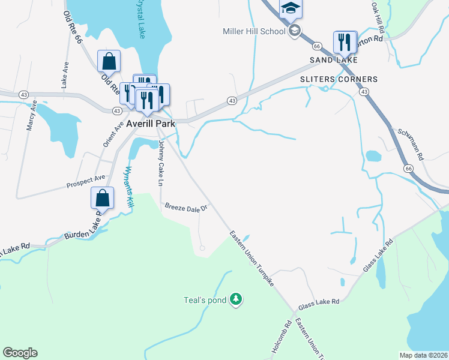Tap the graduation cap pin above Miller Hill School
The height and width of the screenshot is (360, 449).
[x=290, y=8]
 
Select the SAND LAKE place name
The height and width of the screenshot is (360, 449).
[x=333, y=60]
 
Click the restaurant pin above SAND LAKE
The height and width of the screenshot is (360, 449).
[x=345, y=41]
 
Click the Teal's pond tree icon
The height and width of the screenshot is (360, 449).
[x=237, y=299]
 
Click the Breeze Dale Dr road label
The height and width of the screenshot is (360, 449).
[x=186, y=208]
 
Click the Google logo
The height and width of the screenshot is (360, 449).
[x=20, y=353]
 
